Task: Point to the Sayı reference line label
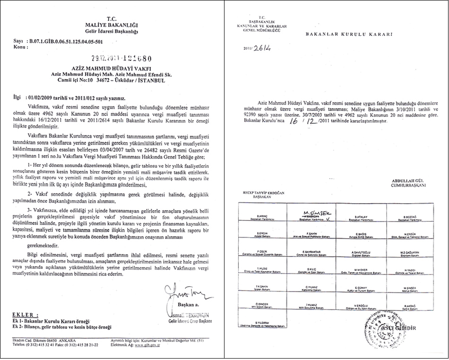19,42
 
